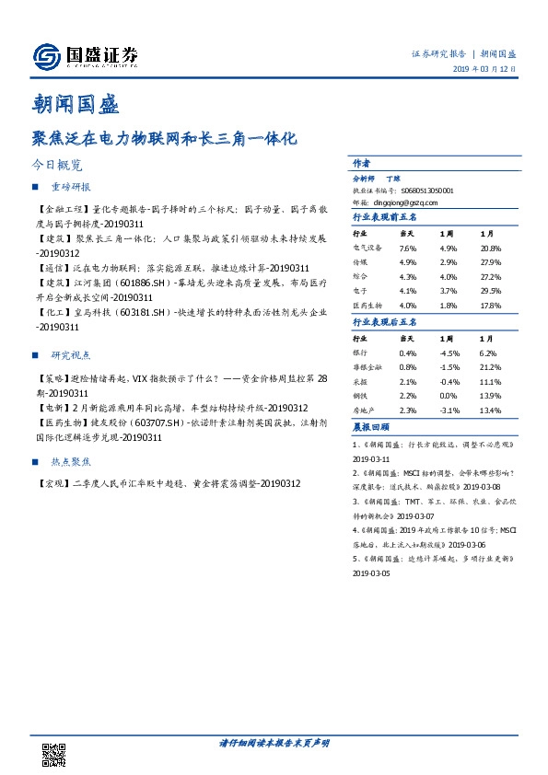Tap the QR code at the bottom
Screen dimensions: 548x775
pyautogui.click(x=54, y=754)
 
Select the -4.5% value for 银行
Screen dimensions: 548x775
pyautogui.click(x=449, y=353)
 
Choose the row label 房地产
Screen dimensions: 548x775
pyautogui.click(x=365, y=411)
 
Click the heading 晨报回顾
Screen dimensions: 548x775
pyautogui.click(x=370, y=427)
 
